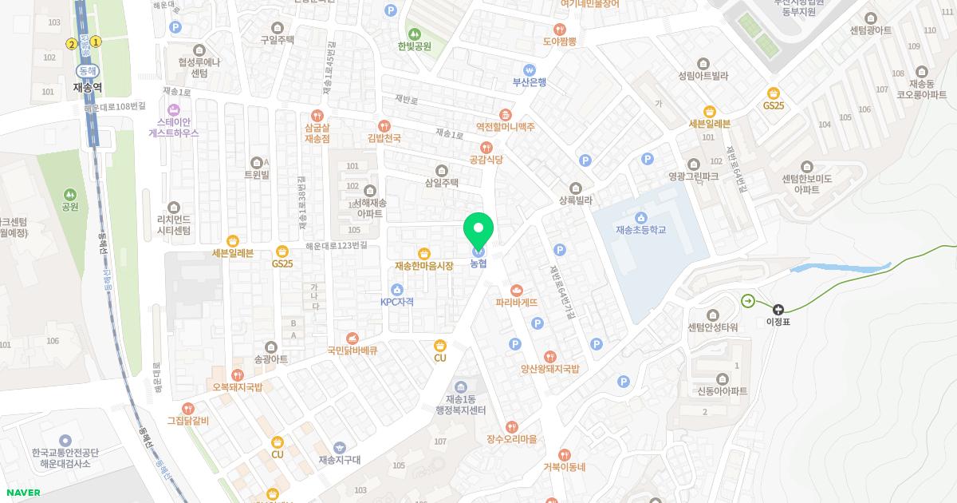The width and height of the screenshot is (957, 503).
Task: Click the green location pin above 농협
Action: pos(478,232)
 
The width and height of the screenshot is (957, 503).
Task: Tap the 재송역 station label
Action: pos(89,87)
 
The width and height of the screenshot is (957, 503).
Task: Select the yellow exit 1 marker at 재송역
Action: pos(96,42)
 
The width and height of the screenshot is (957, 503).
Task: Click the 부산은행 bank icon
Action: pos(529,69)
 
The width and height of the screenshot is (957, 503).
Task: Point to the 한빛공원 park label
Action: pos(414,46)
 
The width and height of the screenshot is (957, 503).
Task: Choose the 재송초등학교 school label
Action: pos(640,230)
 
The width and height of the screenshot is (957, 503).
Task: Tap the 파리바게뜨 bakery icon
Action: pos(516,290)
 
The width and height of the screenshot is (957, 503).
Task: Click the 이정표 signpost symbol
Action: pos(778,309)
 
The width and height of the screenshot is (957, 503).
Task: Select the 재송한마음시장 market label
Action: pos(423,265)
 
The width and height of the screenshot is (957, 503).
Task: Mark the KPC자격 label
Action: pos(396,302)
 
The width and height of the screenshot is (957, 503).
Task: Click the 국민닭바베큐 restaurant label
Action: pos(352,350)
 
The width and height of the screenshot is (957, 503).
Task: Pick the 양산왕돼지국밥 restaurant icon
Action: pos(549,356)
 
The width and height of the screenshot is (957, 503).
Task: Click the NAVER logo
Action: pos(22,492)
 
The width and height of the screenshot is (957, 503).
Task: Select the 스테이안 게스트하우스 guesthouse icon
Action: pos(173,109)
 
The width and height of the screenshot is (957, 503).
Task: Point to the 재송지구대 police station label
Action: pos(340,460)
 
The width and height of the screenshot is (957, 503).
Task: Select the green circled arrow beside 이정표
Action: pos(748,301)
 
